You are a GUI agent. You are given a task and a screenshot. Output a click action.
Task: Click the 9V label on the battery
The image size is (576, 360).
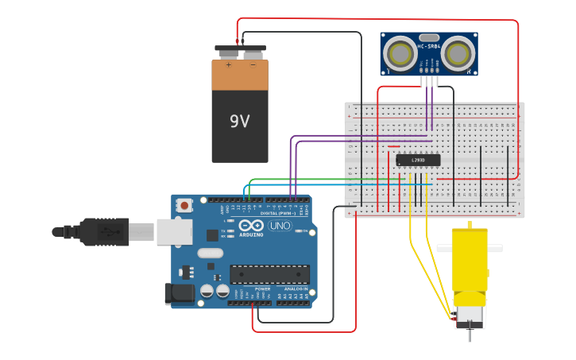click(239, 122)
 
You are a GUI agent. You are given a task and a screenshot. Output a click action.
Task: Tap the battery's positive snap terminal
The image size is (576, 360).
click(228, 54)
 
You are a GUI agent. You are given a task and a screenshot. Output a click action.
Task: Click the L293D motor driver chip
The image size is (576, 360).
click(418, 160)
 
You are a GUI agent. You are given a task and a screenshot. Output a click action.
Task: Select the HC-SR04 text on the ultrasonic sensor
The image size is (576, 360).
click(428, 47)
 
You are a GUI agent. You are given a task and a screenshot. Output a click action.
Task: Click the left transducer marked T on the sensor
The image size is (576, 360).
click(398, 54)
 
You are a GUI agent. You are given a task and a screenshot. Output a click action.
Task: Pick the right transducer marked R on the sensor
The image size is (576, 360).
click(459, 54)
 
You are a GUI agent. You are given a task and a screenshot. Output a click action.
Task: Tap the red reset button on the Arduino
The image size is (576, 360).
click(185, 205)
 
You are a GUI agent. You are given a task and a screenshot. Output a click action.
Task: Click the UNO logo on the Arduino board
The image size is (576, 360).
click(280, 226)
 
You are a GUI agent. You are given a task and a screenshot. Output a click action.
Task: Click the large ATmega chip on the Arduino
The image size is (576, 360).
click(269, 274)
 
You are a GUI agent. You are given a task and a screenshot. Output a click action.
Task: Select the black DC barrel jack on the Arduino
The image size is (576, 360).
click(179, 293)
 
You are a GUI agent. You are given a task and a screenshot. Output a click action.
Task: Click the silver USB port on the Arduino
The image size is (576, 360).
click(173, 231)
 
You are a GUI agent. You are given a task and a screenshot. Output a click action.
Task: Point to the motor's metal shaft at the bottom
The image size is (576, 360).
click(469, 334)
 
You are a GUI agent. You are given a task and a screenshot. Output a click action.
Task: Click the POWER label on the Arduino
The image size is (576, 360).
click(262, 288)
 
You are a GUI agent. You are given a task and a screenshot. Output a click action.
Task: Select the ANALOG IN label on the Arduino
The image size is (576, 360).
click(294, 288)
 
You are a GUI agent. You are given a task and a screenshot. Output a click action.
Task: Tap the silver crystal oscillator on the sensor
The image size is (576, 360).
click(429, 37)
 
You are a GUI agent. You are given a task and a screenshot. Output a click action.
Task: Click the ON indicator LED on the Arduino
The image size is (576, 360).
click(303, 230)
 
